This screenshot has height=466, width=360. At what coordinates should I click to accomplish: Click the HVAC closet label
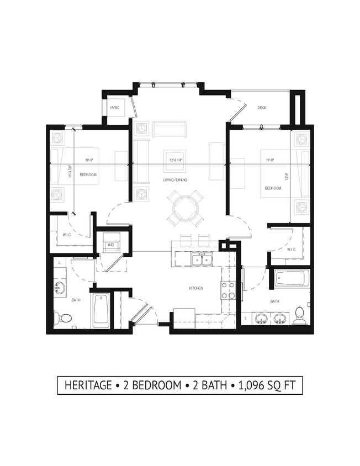[115, 108]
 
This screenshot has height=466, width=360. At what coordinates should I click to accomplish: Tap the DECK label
[262, 108]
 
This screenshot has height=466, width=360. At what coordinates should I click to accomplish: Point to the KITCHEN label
[195, 288]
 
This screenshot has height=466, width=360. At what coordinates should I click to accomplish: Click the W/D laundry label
[110, 244]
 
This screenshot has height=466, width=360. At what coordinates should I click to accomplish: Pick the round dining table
[184, 208]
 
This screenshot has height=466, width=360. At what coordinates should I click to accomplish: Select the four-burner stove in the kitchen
[228, 290]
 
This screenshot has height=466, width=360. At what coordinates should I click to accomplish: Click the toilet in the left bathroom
[63, 318]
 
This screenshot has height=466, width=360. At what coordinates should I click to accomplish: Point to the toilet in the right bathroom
[300, 315]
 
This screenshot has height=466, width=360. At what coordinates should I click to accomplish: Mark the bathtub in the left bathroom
[100, 310]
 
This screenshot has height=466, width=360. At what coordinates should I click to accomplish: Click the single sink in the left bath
[59, 288]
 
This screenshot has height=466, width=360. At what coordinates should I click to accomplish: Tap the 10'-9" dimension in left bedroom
[89, 160]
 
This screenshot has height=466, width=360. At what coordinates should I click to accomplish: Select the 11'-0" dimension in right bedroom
[270, 160]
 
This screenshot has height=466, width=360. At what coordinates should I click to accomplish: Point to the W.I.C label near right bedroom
[291, 249]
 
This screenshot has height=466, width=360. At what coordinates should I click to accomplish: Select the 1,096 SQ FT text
[269, 385]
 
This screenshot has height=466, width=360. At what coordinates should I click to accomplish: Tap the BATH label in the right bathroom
[274, 301]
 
